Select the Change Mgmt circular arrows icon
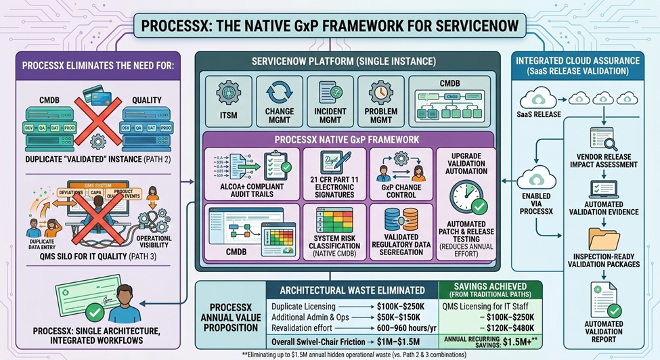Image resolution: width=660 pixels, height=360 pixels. click(x=280, y=93)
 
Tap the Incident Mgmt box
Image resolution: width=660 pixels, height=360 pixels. click(x=330, y=102)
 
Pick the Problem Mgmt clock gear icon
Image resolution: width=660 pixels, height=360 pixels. click(x=380, y=93)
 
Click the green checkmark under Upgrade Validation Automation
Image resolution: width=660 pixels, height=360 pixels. click(x=479, y=205)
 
